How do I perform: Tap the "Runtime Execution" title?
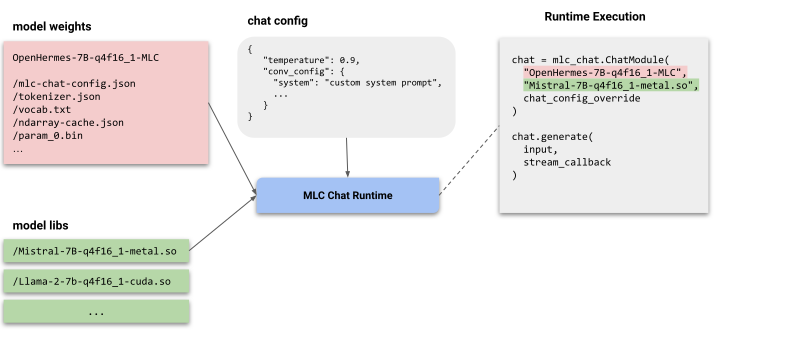594,17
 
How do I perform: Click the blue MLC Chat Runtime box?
348,194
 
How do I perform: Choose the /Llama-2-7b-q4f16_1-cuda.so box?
96,282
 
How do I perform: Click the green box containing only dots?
96,311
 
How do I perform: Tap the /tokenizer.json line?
56,97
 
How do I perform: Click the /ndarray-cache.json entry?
68,122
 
